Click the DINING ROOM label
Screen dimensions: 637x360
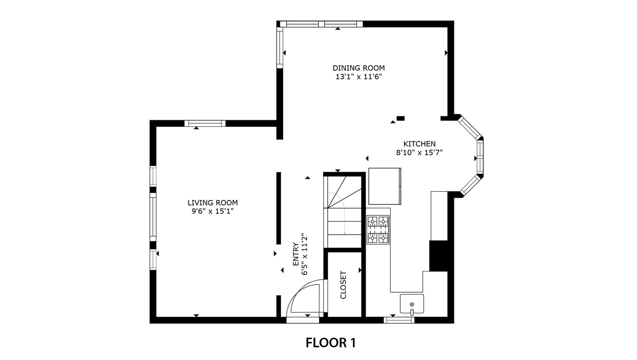tap(358, 68)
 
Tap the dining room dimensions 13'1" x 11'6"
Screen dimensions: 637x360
tap(358, 77)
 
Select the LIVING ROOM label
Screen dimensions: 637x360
tap(213, 203)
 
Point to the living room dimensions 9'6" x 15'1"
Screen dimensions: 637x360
tap(213, 212)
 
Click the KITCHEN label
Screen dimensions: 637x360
tap(419, 144)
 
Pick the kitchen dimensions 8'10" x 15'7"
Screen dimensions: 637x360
tap(419, 153)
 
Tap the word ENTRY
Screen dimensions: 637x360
tap(296, 254)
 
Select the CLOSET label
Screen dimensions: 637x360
tap(343, 285)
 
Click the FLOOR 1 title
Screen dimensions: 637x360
tap(331, 343)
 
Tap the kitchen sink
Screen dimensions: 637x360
tap(412, 304)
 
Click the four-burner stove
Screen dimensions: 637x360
tap(378, 230)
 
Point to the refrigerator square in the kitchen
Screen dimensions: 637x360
tap(385, 186)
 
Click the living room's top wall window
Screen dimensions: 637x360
tap(205, 124)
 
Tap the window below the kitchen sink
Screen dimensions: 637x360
tap(399, 320)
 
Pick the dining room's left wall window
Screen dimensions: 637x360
tap(280, 47)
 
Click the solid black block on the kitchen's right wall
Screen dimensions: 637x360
tap(438, 256)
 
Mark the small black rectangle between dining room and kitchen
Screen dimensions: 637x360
tap(400, 118)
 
